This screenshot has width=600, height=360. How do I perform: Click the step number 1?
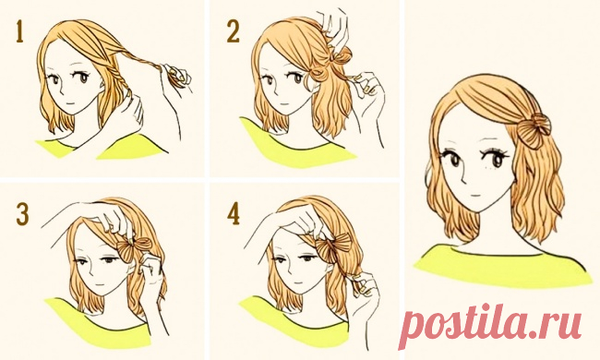click(20, 31)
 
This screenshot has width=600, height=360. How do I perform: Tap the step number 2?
click(233, 31)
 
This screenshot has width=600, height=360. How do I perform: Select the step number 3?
click(22, 214)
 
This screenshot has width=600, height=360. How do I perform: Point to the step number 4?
click(234, 214)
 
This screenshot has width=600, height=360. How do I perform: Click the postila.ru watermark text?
click(490, 325)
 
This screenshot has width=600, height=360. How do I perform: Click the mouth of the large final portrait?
click(474, 195)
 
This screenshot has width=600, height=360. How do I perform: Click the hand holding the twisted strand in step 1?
click(177, 78)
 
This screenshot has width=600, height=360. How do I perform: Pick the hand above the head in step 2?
click(332, 26)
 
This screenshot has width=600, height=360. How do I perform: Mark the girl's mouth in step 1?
click(68, 103)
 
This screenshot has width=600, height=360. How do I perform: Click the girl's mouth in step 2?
click(282, 102)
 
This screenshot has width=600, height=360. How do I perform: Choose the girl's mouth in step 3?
click(100, 285)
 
